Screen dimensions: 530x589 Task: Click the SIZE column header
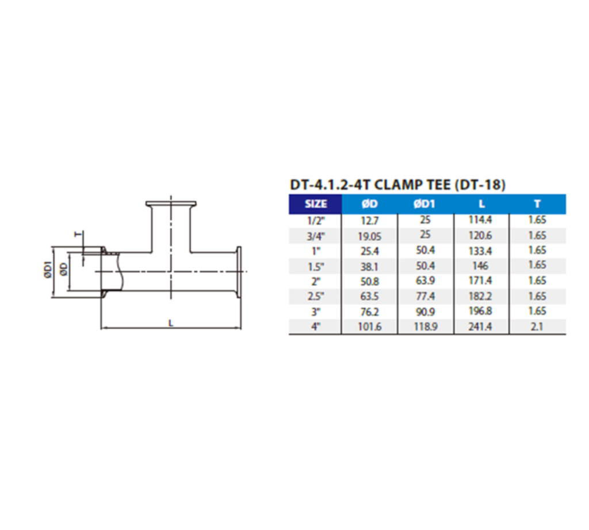(315, 204)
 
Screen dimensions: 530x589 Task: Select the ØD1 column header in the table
(425, 204)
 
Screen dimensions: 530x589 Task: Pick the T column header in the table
(537, 204)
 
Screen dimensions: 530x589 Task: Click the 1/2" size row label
(315, 220)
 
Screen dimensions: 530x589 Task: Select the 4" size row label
(315, 328)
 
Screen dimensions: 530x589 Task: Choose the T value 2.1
(537, 328)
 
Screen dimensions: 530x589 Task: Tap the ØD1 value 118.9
(425, 328)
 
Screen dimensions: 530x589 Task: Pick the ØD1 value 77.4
(425, 297)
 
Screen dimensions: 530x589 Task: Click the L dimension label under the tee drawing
(171, 323)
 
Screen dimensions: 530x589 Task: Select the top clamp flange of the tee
(171, 203)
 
